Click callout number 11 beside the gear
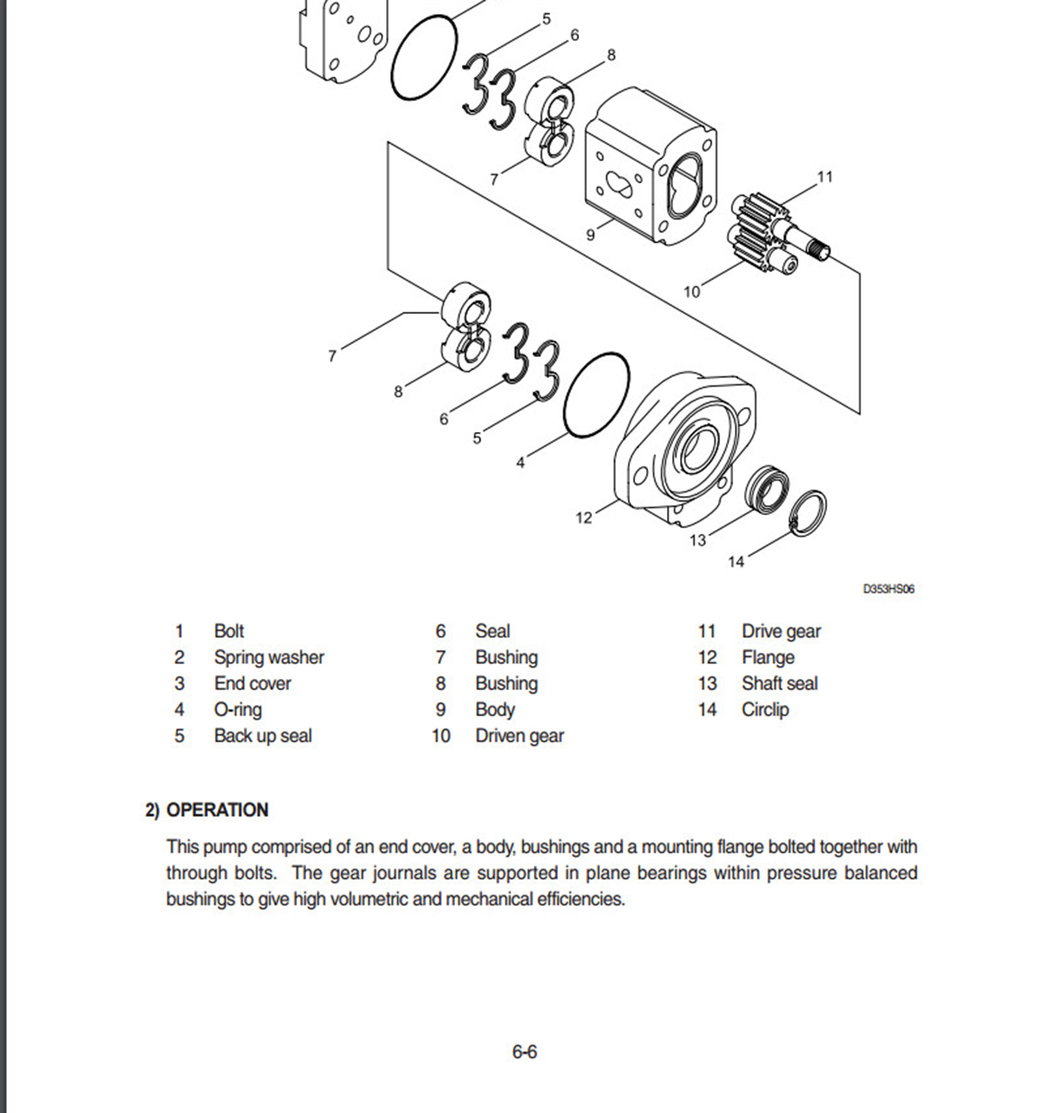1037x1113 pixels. (825, 177)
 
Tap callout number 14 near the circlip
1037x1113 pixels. (736, 561)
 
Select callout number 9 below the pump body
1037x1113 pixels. (590, 235)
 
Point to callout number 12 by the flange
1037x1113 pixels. (584, 518)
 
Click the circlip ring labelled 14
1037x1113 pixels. (809, 513)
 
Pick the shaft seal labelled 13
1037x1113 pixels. (768, 488)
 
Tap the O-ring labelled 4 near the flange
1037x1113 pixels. (596, 396)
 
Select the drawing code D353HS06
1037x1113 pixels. (888, 589)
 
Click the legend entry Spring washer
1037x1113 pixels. (269, 657)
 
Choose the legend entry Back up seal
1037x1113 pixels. (263, 736)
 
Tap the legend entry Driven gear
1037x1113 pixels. (519, 736)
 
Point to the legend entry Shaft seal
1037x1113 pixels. (779, 683)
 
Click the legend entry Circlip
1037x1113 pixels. (765, 710)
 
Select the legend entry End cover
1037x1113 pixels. (252, 683)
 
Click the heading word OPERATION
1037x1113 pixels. (217, 810)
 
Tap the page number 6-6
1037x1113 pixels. (524, 1052)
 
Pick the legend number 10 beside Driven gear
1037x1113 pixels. (441, 736)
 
